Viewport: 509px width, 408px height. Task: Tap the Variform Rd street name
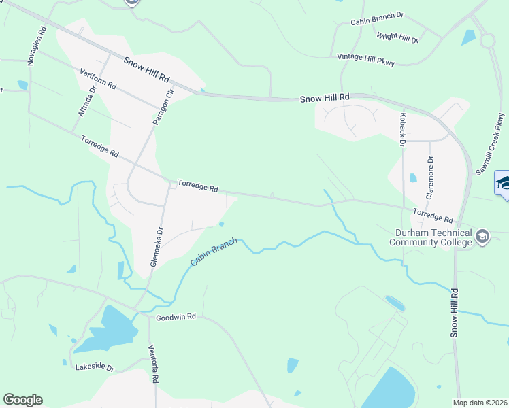[x=98, y=80]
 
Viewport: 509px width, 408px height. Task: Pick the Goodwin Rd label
[x=176, y=317]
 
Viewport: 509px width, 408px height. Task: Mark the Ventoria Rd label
[x=154, y=364]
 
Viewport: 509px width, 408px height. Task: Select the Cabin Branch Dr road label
[x=378, y=22]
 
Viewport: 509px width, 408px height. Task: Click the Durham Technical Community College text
[x=429, y=237]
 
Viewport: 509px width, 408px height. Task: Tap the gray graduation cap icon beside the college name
[x=482, y=237]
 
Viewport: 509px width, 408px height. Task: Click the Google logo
[x=23, y=400]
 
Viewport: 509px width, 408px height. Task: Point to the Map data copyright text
[x=480, y=403]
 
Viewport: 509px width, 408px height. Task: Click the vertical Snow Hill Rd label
[x=454, y=312]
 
